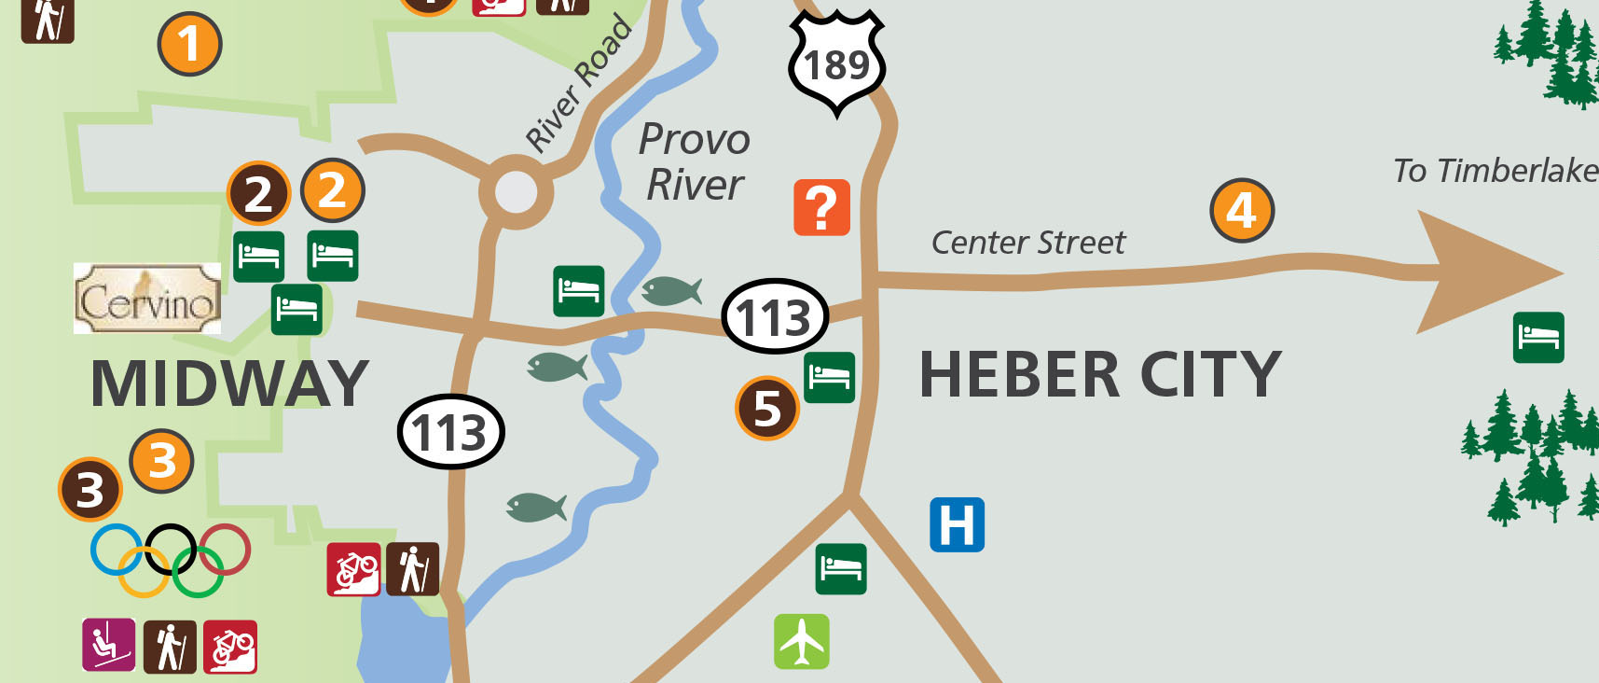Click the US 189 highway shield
click(x=836, y=63)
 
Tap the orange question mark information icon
click(x=821, y=207)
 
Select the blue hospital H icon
click(x=957, y=524)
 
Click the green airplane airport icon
click(x=801, y=641)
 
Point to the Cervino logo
click(x=147, y=299)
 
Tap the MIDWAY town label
click(x=229, y=383)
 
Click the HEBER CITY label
click(x=1100, y=375)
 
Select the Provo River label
click(x=695, y=161)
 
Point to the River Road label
click(x=579, y=84)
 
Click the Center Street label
click(x=1027, y=243)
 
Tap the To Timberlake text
click(x=1495, y=171)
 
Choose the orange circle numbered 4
click(x=1241, y=211)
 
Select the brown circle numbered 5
click(x=766, y=408)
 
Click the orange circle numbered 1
click(x=189, y=44)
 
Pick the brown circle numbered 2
click(x=258, y=194)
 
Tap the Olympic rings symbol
click(x=171, y=559)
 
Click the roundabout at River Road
click(x=516, y=192)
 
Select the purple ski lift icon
click(x=109, y=645)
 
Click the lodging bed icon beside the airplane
click(x=840, y=568)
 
